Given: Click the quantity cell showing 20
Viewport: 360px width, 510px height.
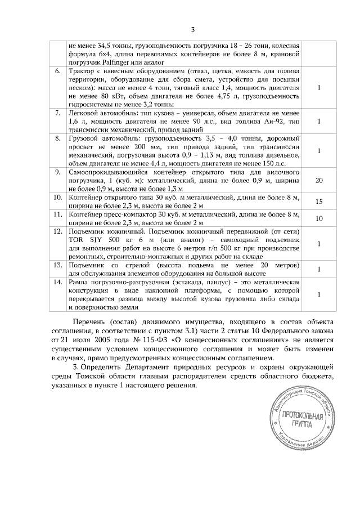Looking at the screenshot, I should tap(319, 180).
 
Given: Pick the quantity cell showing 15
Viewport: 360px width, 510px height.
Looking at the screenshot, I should tap(319, 201).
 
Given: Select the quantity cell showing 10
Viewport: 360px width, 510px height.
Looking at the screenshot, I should tap(319, 219).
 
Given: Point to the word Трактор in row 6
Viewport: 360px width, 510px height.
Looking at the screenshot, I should tap(81, 73).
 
